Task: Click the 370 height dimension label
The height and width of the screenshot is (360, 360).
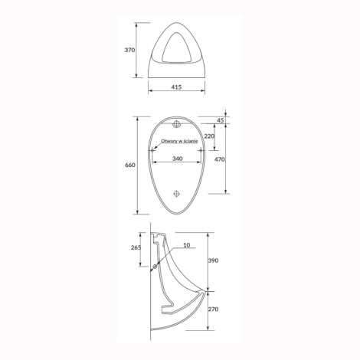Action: (x=129, y=50)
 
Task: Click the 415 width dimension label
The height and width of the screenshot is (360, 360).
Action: (x=176, y=87)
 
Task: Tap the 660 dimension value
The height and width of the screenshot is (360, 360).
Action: (x=130, y=165)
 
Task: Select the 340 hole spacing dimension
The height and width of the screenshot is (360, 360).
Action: (x=178, y=159)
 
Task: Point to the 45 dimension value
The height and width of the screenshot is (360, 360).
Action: (x=220, y=120)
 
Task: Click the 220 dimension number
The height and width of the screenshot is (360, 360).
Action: (x=209, y=136)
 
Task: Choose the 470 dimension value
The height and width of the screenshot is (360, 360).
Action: (x=220, y=159)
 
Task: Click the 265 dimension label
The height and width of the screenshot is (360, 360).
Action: (x=136, y=247)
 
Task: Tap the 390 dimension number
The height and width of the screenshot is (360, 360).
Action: (x=214, y=260)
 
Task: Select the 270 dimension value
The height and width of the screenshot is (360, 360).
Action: (x=214, y=309)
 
